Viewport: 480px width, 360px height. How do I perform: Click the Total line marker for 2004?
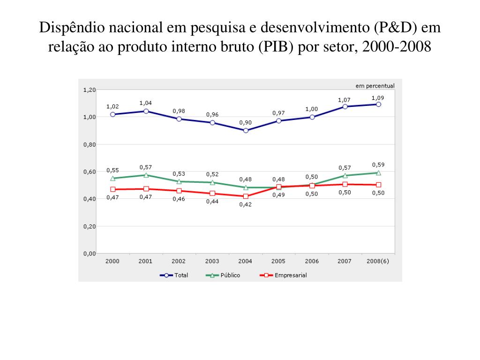(x=246, y=130)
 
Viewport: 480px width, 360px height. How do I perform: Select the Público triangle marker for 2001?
(x=146, y=175)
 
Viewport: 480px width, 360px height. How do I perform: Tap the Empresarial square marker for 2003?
(x=212, y=193)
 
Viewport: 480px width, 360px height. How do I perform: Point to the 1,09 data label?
(x=378, y=98)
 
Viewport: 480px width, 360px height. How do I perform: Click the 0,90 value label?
(x=246, y=122)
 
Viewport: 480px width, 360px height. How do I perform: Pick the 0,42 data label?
(x=246, y=204)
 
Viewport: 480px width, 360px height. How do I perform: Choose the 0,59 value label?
(x=378, y=165)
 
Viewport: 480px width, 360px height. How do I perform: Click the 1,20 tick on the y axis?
(x=89, y=90)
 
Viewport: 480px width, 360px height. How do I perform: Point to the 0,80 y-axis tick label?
(x=89, y=144)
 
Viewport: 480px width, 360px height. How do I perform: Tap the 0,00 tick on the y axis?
(x=89, y=254)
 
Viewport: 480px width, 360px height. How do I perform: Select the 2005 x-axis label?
(x=278, y=261)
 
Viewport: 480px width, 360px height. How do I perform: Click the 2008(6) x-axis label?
(x=378, y=261)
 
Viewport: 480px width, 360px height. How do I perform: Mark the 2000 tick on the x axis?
(x=112, y=261)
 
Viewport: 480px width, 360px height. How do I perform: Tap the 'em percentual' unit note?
(x=375, y=85)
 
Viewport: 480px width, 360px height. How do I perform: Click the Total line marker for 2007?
(x=345, y=106)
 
